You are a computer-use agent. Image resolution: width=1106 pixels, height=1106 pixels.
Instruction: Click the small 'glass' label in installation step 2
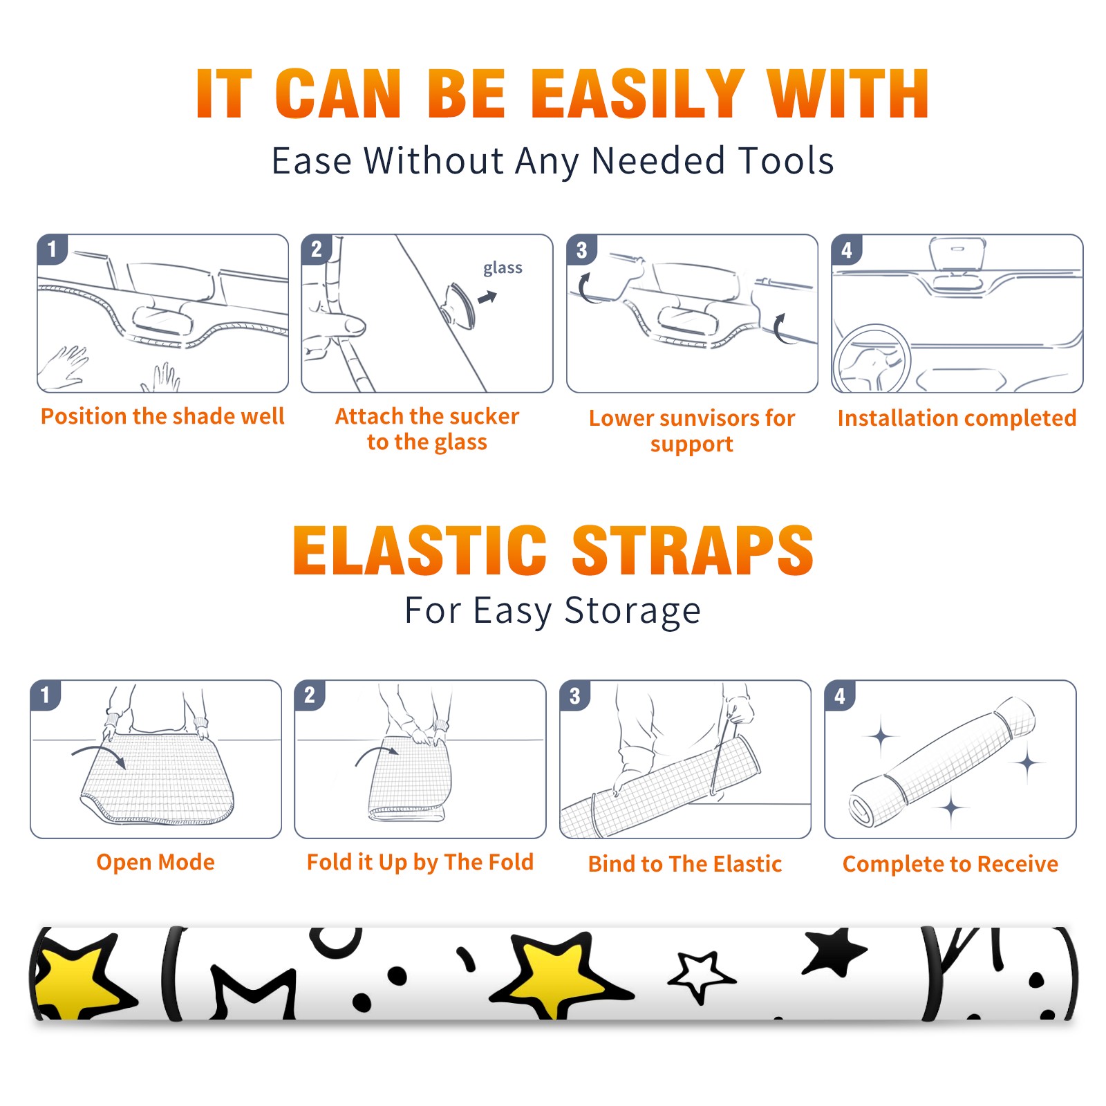[x=503, y=268]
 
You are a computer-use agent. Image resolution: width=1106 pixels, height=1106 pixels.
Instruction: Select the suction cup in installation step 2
[x=459, y=305]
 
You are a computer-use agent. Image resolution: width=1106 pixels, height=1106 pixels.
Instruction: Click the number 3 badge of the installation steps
[x=581, y=250]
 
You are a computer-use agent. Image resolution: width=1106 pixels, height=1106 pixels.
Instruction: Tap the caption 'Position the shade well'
[x=162, y=416]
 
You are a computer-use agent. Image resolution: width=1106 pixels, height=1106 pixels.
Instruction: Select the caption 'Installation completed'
[x=957, y=418]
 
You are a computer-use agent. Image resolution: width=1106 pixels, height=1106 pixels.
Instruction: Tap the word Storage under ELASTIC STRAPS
[x=632, y=611]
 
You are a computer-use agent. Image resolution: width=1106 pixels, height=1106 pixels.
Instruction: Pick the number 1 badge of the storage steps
[x=46, y=695]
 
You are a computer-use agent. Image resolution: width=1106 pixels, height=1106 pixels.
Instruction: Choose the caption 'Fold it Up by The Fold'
[x=420, y=863]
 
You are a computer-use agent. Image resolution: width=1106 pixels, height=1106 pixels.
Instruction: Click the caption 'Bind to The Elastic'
[x=685, y=864]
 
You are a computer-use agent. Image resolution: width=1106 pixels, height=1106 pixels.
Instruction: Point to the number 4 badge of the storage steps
[x=840, y=695]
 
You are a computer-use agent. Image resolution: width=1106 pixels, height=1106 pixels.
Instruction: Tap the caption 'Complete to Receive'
[x=950, y=864]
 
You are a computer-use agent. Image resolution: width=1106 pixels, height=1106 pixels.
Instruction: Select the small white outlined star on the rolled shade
[x=700, y=976]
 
